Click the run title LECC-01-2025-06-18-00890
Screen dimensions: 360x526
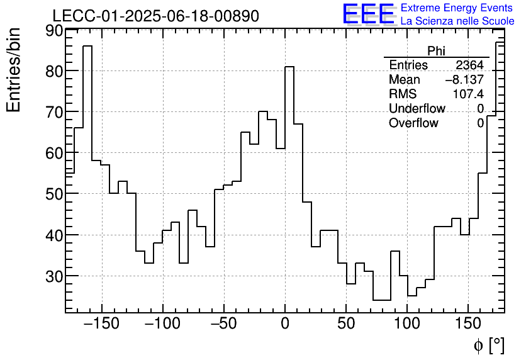[155, 16]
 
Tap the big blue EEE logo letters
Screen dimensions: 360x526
[368, 14]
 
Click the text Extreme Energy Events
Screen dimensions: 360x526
[457, 8]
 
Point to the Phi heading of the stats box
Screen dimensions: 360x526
[436, 51]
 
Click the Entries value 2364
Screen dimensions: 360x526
[469, 65]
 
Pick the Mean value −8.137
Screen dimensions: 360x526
[464, 80]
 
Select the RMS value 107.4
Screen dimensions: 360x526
[468, 94]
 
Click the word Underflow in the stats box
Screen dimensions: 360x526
[417, 109]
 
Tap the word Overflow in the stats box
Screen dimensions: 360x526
[413, 123]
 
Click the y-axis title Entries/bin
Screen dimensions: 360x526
[14, 70]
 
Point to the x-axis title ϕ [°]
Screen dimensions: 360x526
[488, 345]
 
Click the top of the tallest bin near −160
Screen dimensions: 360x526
[87, 46]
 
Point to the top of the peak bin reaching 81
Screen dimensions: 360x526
[289, 66]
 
